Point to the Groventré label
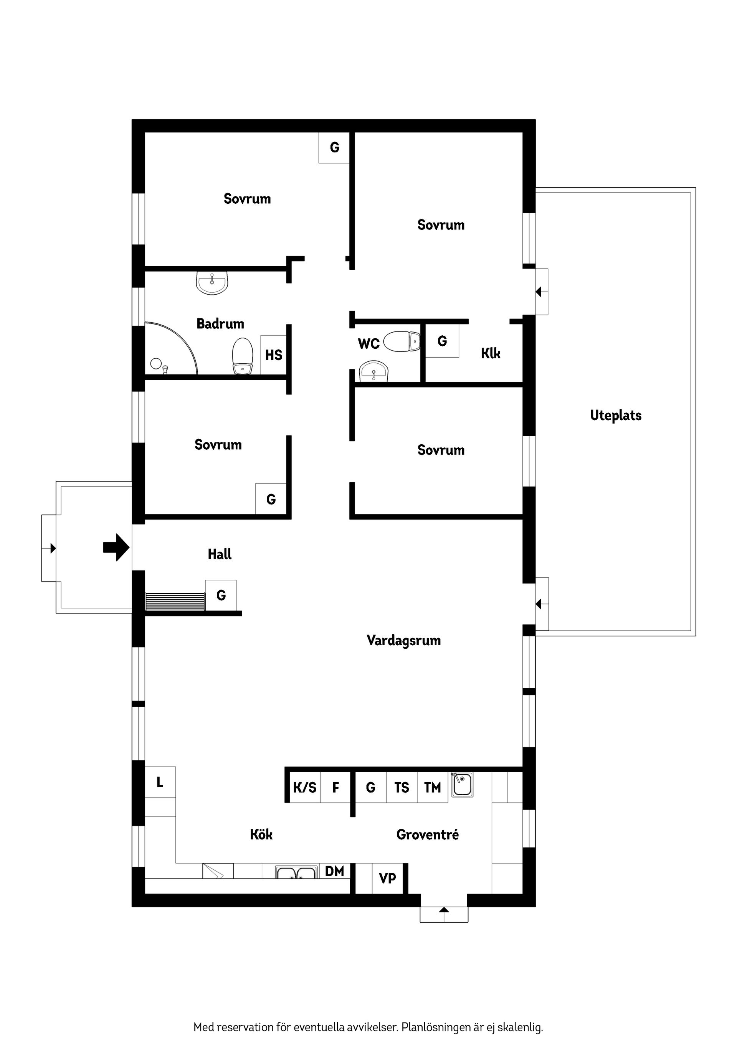tap(427, 834)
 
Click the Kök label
tap(261, 834)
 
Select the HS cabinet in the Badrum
tap(273, 355)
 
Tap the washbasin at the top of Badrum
tap(212, 283)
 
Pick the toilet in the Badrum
tap(243, 356)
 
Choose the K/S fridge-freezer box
tap(305, 787)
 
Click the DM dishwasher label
tap(335, 871)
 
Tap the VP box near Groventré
tap(387, 879)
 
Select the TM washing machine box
tap(432, 787)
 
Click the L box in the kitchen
tap(160, 782)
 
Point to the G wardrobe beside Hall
tap(221, 595)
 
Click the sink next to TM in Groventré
tap(462, 785)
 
